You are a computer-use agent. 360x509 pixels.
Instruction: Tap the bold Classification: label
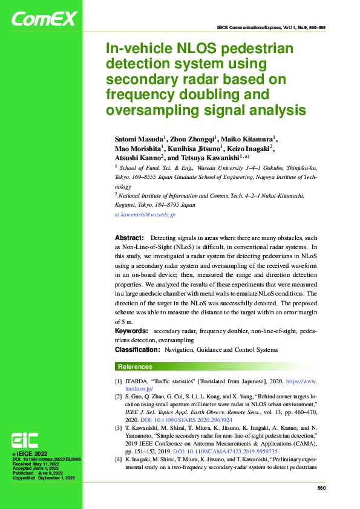(137, 349)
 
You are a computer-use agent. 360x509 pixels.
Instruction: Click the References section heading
(135, 366)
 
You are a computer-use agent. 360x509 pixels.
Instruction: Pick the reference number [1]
(119, 382)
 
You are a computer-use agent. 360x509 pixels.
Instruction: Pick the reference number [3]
(119, 427)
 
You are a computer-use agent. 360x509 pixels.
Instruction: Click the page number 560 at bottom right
(321, 488)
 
